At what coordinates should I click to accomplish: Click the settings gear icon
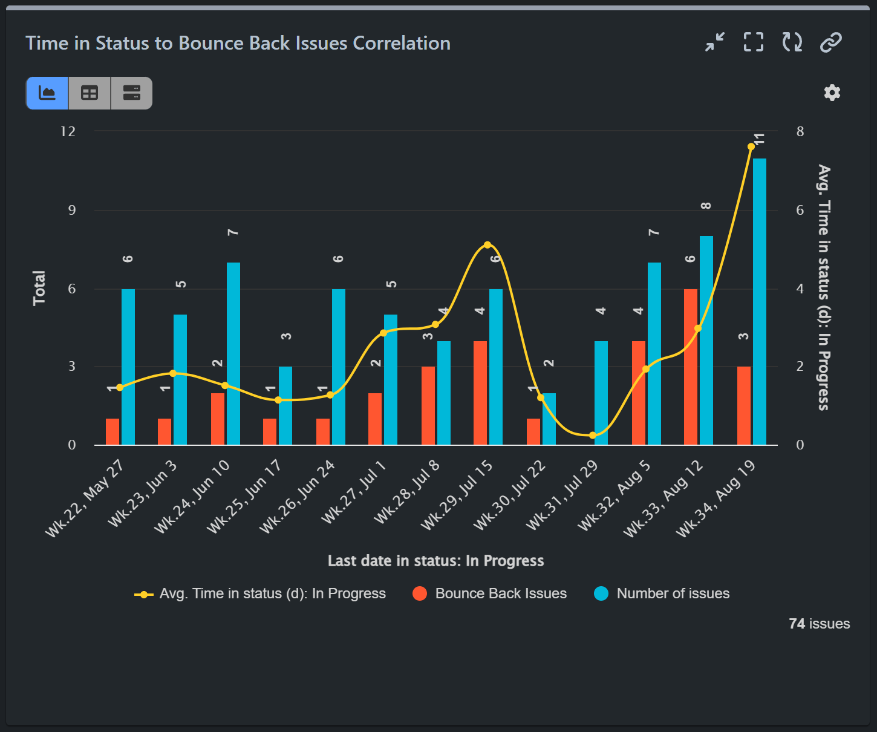tap(832, 93)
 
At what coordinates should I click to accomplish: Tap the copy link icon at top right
tap(831, 42)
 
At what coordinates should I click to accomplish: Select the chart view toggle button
tap(47, 93)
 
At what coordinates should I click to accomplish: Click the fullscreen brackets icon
tap(753, 42)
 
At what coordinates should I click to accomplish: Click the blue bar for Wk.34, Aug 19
tap(760, 302)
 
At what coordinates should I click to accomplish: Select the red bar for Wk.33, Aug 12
tap(691, 367)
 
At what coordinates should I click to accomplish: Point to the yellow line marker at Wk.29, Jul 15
tap(487, 245)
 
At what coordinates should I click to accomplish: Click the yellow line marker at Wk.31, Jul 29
tap(593, 436)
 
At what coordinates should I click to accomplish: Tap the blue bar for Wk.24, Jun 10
tap(233, 354)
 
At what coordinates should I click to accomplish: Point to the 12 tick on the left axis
tap(68, 131)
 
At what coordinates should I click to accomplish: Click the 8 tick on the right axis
tap(800, 131)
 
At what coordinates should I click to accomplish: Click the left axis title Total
tap(39, 288)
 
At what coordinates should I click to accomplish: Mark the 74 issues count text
tap(819, 624)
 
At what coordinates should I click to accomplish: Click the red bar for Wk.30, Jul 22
tap(533, 432)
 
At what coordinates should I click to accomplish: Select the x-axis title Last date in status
tap(435, 561)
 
